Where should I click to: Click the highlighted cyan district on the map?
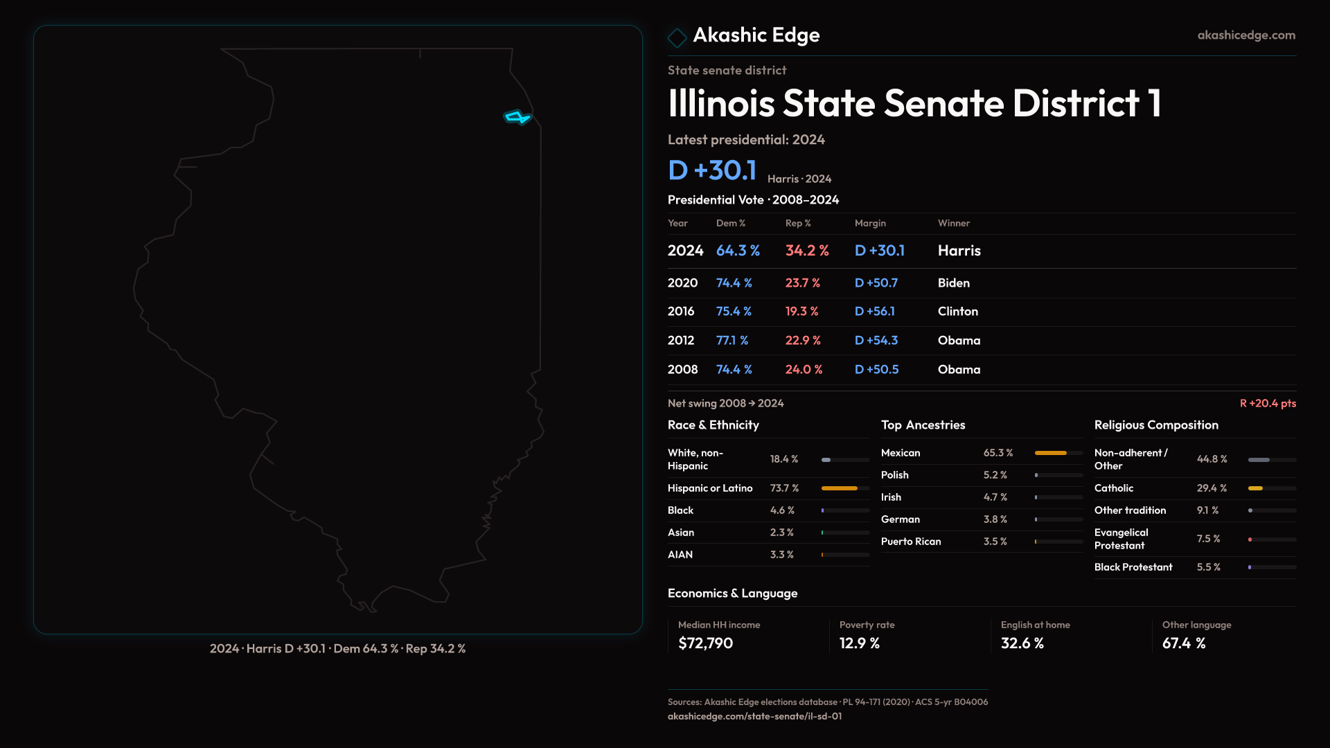pyautogui.click(x=517, y=117)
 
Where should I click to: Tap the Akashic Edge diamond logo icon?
pyautogui.click(x=677, y=37)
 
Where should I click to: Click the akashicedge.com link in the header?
pyautogui.click(x=1246, y=35)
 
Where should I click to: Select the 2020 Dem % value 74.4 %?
pyautogui.click(x=734, y=283)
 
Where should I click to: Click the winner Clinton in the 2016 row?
pyautogui.click(x=957, y=312)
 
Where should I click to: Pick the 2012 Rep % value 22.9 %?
pyautogui.click(x=802, y=341)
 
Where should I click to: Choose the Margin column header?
pyautogui.click(x=870, y=223)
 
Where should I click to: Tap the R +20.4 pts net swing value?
pyautogui.click(x=1268, y=403)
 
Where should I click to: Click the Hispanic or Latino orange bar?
pyautogui.click(x=839, y=488)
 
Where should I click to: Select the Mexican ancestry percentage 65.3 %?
pyautogui.click(x=997, y=453)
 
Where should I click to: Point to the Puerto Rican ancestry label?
pyautogui.click(x=910, y=542)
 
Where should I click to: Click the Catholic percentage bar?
pyautogui.click(x=1255, y=488)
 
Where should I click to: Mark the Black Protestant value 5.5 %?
pyautogui.click(x=1208, y=567)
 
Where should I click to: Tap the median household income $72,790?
pyautogui.click(x=705, y=643)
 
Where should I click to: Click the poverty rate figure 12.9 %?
pyautogui.click(x=859, y=643)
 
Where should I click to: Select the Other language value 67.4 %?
pyautogui.click(x=1183, y=643)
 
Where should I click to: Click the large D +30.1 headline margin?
pyautogui.click(x=711, y=170)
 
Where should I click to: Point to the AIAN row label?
pyautogui.click(x=680, y=555)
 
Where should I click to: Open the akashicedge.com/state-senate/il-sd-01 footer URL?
pyautogui.click(x=754, y=716)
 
